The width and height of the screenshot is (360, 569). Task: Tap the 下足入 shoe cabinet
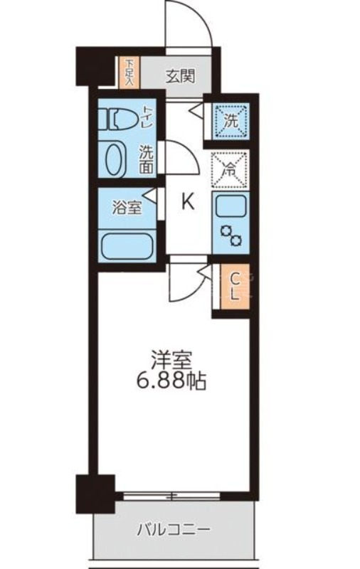point(129,71)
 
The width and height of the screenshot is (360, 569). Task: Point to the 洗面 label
point(146,159)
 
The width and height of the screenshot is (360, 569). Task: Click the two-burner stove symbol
point(231,235)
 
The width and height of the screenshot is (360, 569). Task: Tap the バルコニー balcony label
point(173,530)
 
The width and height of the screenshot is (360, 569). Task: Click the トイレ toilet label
point(147,116)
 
